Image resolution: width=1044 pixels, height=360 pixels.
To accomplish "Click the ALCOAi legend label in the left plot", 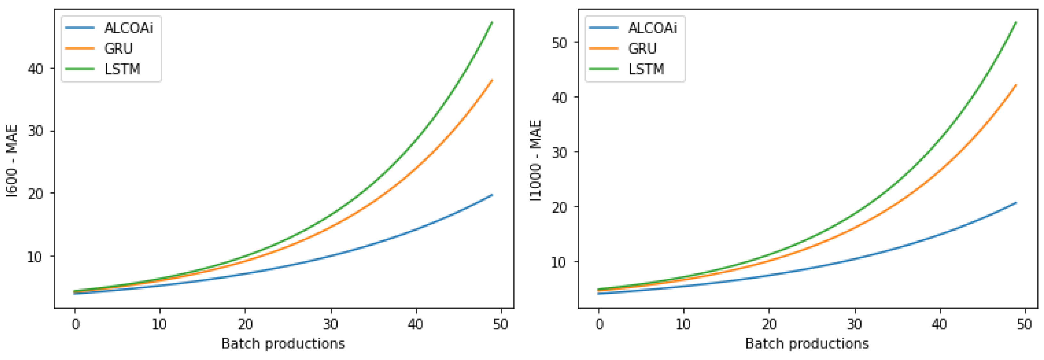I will [128, 28].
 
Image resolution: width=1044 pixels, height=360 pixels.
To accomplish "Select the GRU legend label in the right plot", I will [642, 49].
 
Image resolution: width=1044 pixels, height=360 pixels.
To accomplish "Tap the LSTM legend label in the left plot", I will [122, 69].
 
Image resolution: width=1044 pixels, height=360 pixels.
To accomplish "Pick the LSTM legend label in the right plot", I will [646, 69].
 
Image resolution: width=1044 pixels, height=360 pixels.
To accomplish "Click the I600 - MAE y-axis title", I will [12, 161].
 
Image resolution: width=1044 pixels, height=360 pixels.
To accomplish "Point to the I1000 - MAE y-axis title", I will [536, 161].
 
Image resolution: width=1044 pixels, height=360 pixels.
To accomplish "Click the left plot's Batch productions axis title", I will [283, 344].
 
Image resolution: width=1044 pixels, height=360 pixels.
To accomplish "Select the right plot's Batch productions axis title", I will [807, 344].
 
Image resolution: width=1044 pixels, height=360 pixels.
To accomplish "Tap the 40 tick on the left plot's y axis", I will [35, 68].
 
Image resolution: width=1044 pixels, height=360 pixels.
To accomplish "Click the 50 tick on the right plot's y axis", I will [559, 43].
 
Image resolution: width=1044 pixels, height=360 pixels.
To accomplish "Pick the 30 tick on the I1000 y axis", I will [559, 152].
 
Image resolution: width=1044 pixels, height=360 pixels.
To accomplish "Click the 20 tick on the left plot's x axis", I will [245, 324].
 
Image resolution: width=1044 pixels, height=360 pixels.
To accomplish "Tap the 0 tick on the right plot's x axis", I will [599, 324].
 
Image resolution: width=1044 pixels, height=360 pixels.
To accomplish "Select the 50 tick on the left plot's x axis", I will [501, 324].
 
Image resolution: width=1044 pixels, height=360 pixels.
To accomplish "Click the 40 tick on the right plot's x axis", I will [939, 324].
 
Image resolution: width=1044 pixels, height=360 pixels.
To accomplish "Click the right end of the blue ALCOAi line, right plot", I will [1016, 203].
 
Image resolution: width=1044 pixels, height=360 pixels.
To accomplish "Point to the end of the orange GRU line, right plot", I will [1016, 85].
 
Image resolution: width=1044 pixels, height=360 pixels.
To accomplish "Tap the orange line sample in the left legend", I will [80, 49].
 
